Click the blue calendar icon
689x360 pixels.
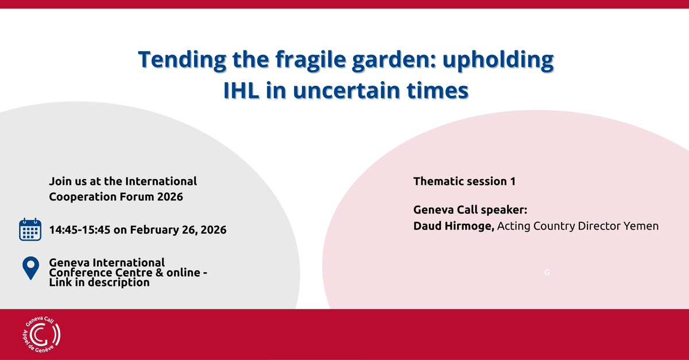pos(30,230)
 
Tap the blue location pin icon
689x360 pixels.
pos(31,268)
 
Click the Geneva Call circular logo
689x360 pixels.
pos(42,335)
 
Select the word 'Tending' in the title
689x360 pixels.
pos(182,59)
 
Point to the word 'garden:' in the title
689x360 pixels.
pos(394,59)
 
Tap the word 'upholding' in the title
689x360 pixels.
pos(498,59)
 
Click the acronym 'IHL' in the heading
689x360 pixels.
pos(241,91)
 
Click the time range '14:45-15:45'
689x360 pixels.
pos(80,230)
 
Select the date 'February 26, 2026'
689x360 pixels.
pos(178,230)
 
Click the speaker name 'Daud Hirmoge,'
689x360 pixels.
pos(454,226)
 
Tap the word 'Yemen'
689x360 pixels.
pos(641,226)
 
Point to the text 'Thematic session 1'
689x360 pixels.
pos(465,181)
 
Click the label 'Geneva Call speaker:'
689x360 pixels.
pos(470,210)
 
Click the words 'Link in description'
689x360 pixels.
pos(99,282)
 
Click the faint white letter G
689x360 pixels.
pos(547,272)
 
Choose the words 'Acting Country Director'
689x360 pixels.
pos(559,226)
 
